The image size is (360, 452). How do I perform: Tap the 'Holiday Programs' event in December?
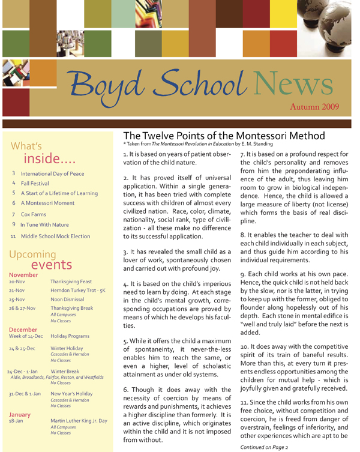(x=73, y=337)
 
